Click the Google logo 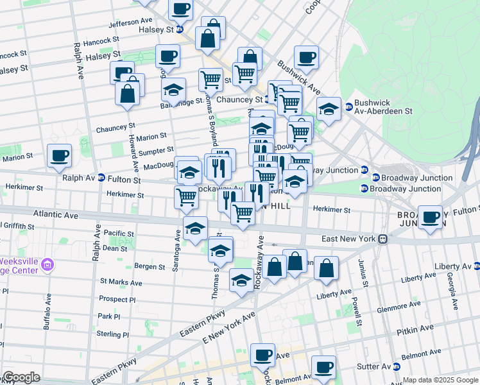point(21,377)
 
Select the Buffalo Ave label point(47,312)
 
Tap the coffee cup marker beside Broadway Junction point(431,217)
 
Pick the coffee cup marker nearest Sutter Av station point(324,368)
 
